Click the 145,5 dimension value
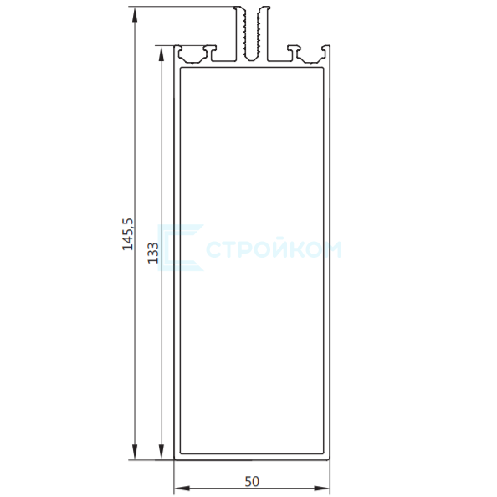(129, 234)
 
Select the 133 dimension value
(153, 253)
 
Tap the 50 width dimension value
(252, 481)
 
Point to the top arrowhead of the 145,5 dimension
(135, 14)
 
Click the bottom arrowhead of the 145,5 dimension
(135, 453)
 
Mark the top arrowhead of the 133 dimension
(161, 54)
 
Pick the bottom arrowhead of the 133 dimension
(161, 453)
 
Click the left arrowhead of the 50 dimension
(182, 488)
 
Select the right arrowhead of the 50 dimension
(322, 488)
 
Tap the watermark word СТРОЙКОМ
(274, 248)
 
